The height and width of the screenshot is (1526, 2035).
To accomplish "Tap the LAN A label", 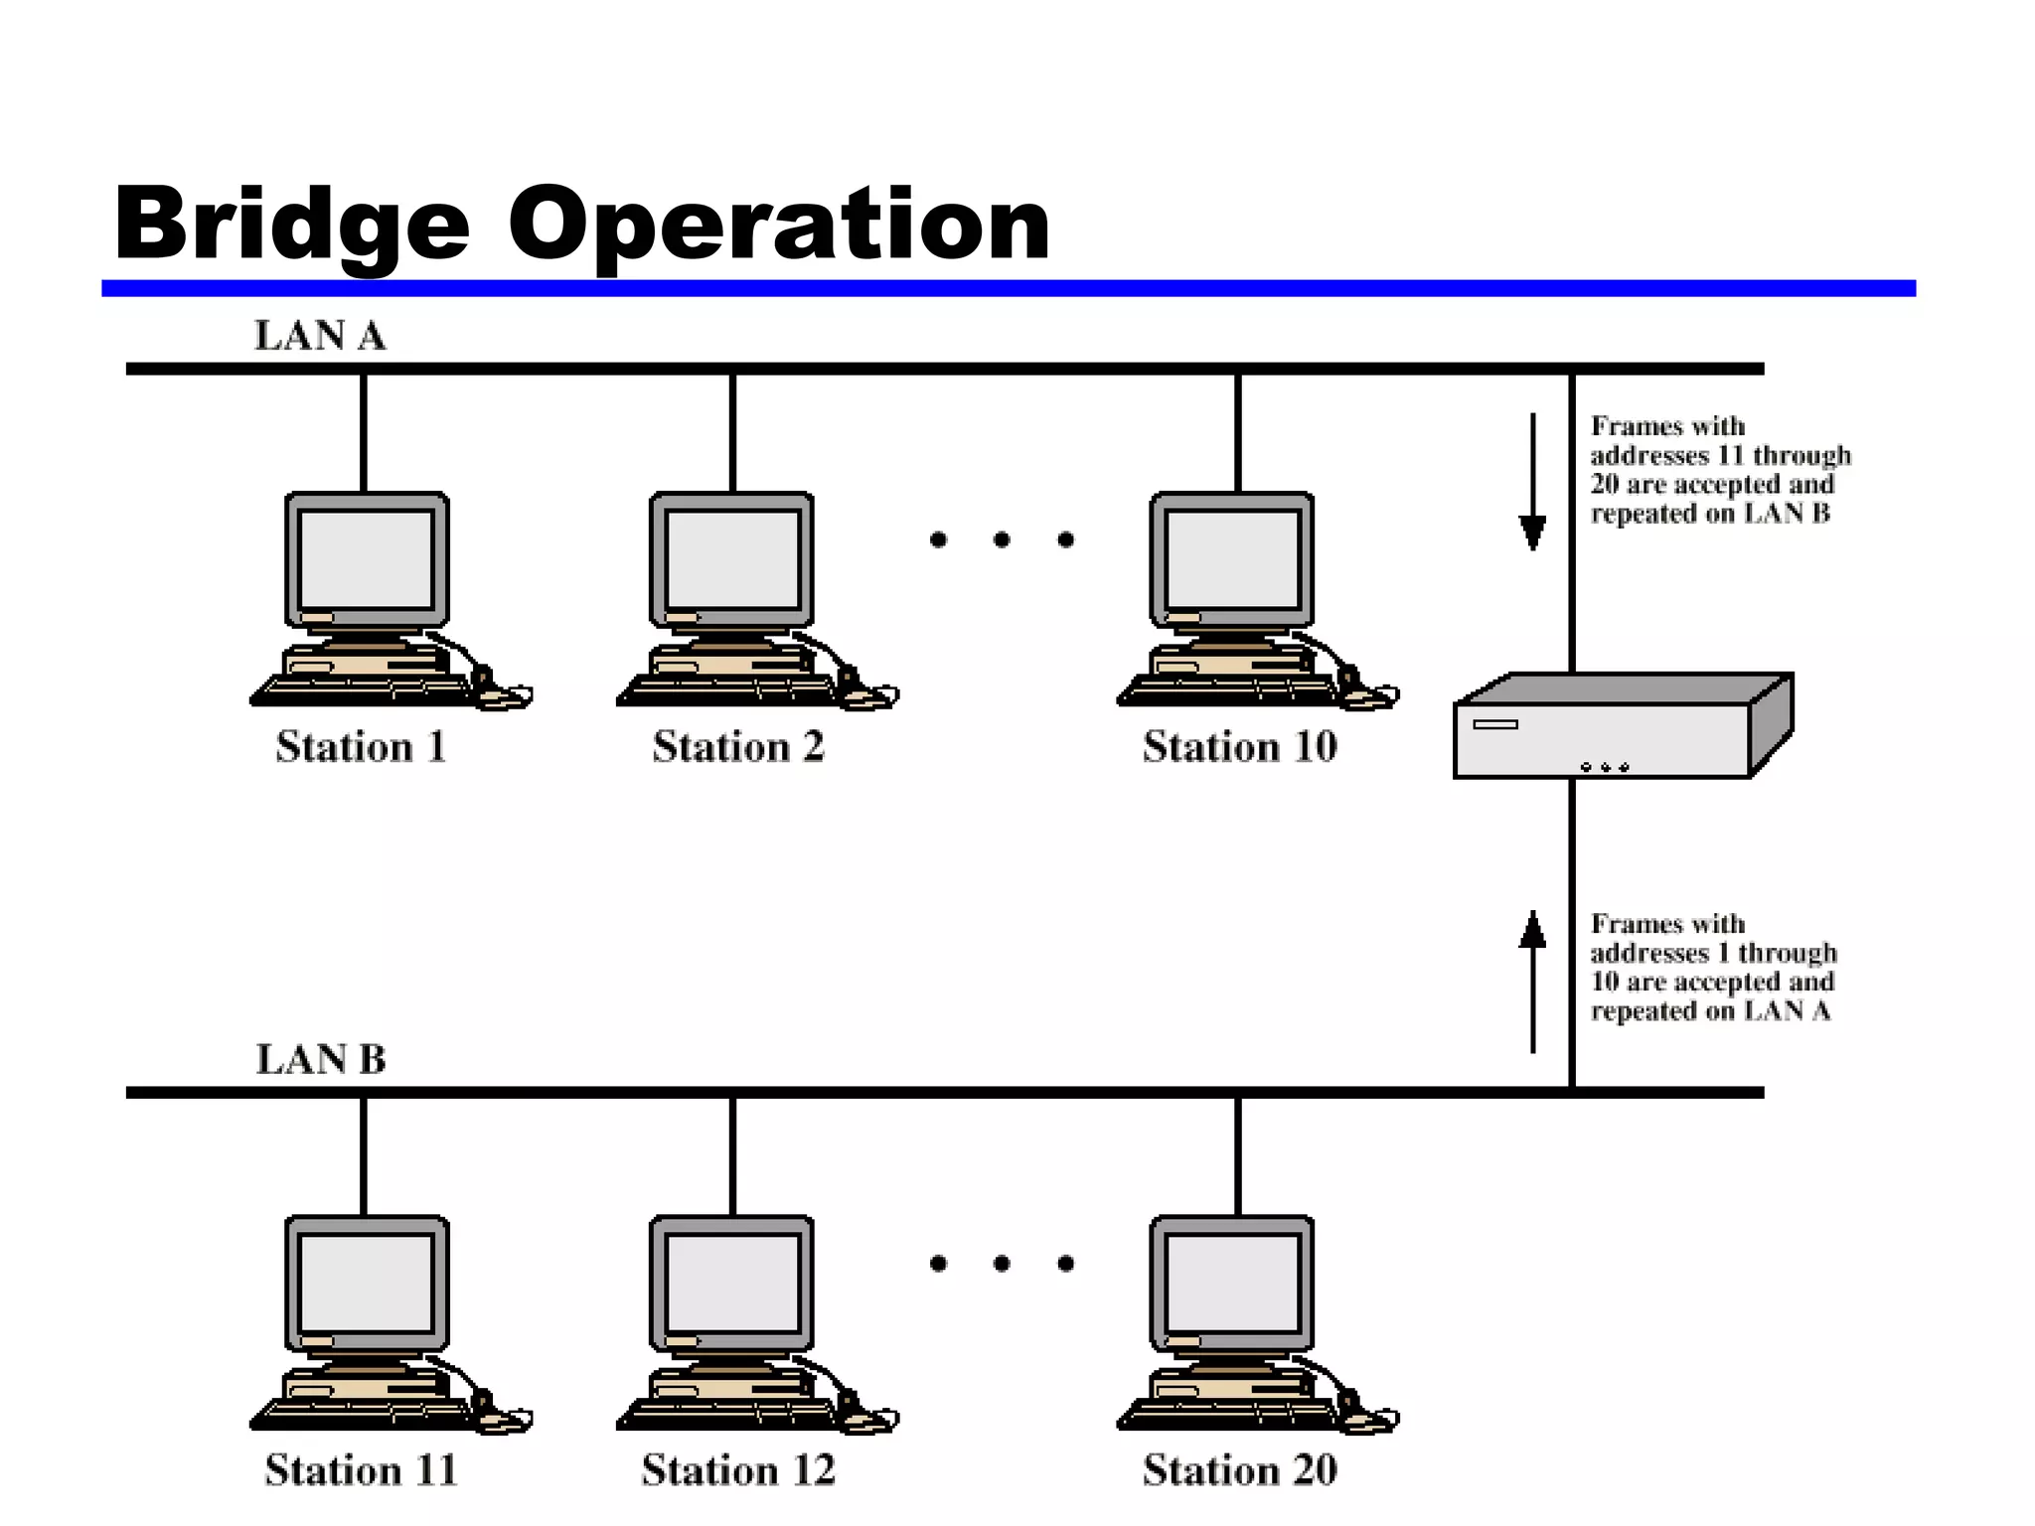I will coord(320,336).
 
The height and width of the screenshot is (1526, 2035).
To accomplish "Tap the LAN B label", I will coord(320,1059).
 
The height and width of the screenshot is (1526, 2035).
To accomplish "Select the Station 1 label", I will coord(361,747).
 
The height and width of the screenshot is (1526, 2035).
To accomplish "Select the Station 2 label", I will coord(738,747).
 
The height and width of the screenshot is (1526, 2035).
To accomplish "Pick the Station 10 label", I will coord(1240,747).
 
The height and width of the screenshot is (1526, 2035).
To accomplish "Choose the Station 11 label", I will coord(361,1470).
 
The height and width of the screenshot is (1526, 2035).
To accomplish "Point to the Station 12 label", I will coord(738,1470).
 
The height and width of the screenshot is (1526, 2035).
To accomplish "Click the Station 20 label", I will coord(1240,1470).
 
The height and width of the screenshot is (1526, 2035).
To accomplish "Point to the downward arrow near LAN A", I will coord(1533,482).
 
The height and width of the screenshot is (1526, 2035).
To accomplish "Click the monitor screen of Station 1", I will coord(367,559).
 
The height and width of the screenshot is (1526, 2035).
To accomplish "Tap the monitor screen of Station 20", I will coord(1232,1283).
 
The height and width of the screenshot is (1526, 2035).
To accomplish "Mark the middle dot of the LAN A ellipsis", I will coord(1002,539).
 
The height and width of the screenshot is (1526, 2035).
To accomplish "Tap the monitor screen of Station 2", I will coord(732,559).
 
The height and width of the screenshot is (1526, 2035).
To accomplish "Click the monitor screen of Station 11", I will coord(367,1283).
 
